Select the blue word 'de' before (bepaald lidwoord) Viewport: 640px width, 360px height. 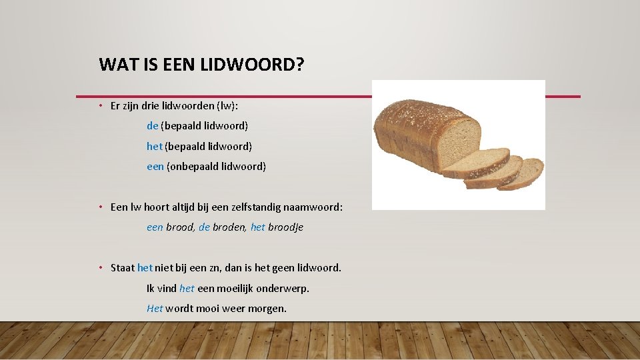pos(153,125)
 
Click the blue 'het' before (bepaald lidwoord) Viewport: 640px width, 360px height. pos(155,146)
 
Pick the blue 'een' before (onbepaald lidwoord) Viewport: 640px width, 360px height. pos(155,167)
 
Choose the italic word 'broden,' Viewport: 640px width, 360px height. pos(230,227)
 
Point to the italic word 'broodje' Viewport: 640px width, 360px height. pos(286,227)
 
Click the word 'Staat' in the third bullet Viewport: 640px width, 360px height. pos(122,268)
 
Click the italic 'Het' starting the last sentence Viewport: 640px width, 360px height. pos(155,309)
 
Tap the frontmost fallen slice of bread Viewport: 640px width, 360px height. pos(521,173)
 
